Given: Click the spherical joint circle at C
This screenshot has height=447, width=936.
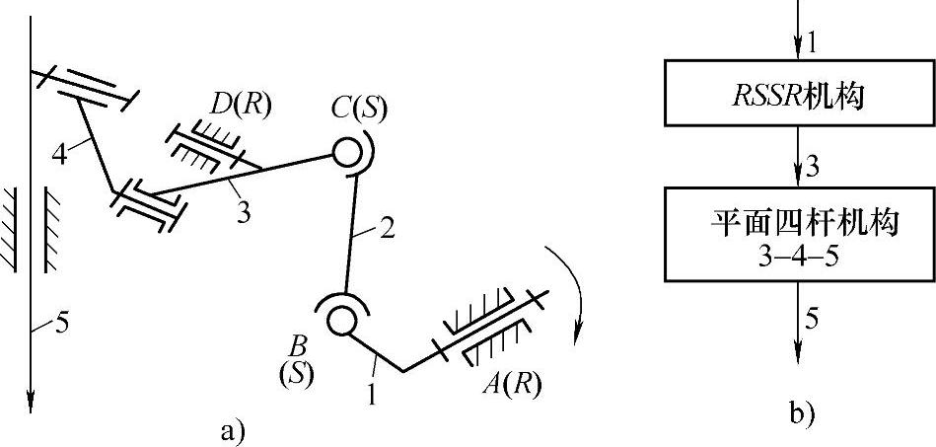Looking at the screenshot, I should pos(346,152).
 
